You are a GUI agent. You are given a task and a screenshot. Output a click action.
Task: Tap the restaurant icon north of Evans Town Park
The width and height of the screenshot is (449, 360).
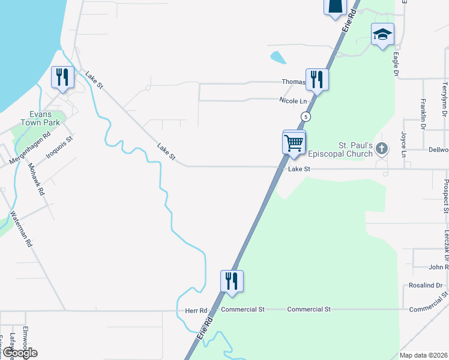click(x=62, y=77)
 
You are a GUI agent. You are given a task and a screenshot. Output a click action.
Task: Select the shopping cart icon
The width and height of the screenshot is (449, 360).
click(x=294, y=143)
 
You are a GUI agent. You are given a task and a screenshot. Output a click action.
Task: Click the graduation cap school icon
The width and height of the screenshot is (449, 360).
click(x=382, y=35)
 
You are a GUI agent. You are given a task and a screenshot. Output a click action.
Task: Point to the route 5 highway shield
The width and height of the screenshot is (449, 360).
click(x=306, y=116)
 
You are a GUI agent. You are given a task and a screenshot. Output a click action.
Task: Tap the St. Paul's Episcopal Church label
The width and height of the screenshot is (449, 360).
click(x=356, y=149)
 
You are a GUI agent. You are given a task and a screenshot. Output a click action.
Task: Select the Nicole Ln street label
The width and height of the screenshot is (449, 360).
click(x=293, y=101)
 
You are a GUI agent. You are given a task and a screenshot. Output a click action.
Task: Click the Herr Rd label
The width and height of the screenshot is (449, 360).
click(x=196, y=310)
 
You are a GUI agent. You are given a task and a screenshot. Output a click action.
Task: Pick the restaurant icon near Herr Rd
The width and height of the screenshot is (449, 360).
click(x=232, y=281)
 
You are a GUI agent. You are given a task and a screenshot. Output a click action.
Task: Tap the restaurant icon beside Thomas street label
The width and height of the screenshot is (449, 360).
click(x=316, y=79)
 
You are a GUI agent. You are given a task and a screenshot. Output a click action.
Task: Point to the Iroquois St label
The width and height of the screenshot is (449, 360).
click(x=61, y=147)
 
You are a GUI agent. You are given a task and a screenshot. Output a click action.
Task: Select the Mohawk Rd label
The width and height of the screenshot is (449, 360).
click(x=37, y=179)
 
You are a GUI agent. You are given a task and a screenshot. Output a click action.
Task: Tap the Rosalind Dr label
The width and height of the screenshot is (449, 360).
click(x=425, y=286)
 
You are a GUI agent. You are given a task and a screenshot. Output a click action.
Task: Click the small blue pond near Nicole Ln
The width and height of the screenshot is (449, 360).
click(x=278, y=58)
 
